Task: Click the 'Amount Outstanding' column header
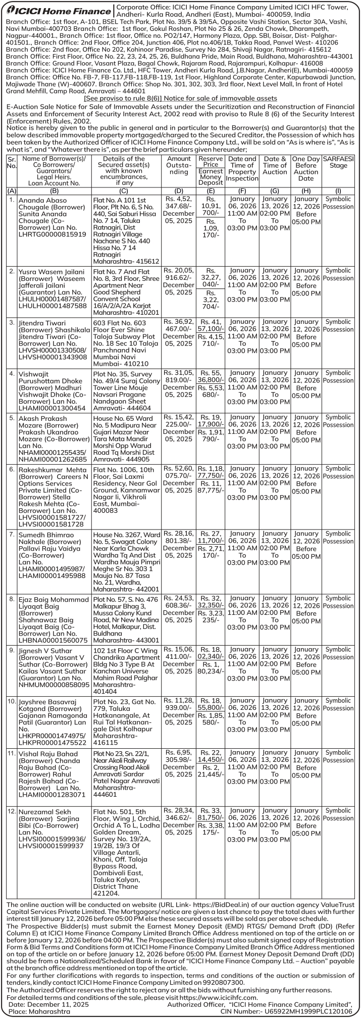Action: (x=178, y=165)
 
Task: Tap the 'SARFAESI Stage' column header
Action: (x=338, y=162)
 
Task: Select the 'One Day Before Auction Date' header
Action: (x=306, y=168)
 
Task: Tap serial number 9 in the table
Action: (x=11, y=650)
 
